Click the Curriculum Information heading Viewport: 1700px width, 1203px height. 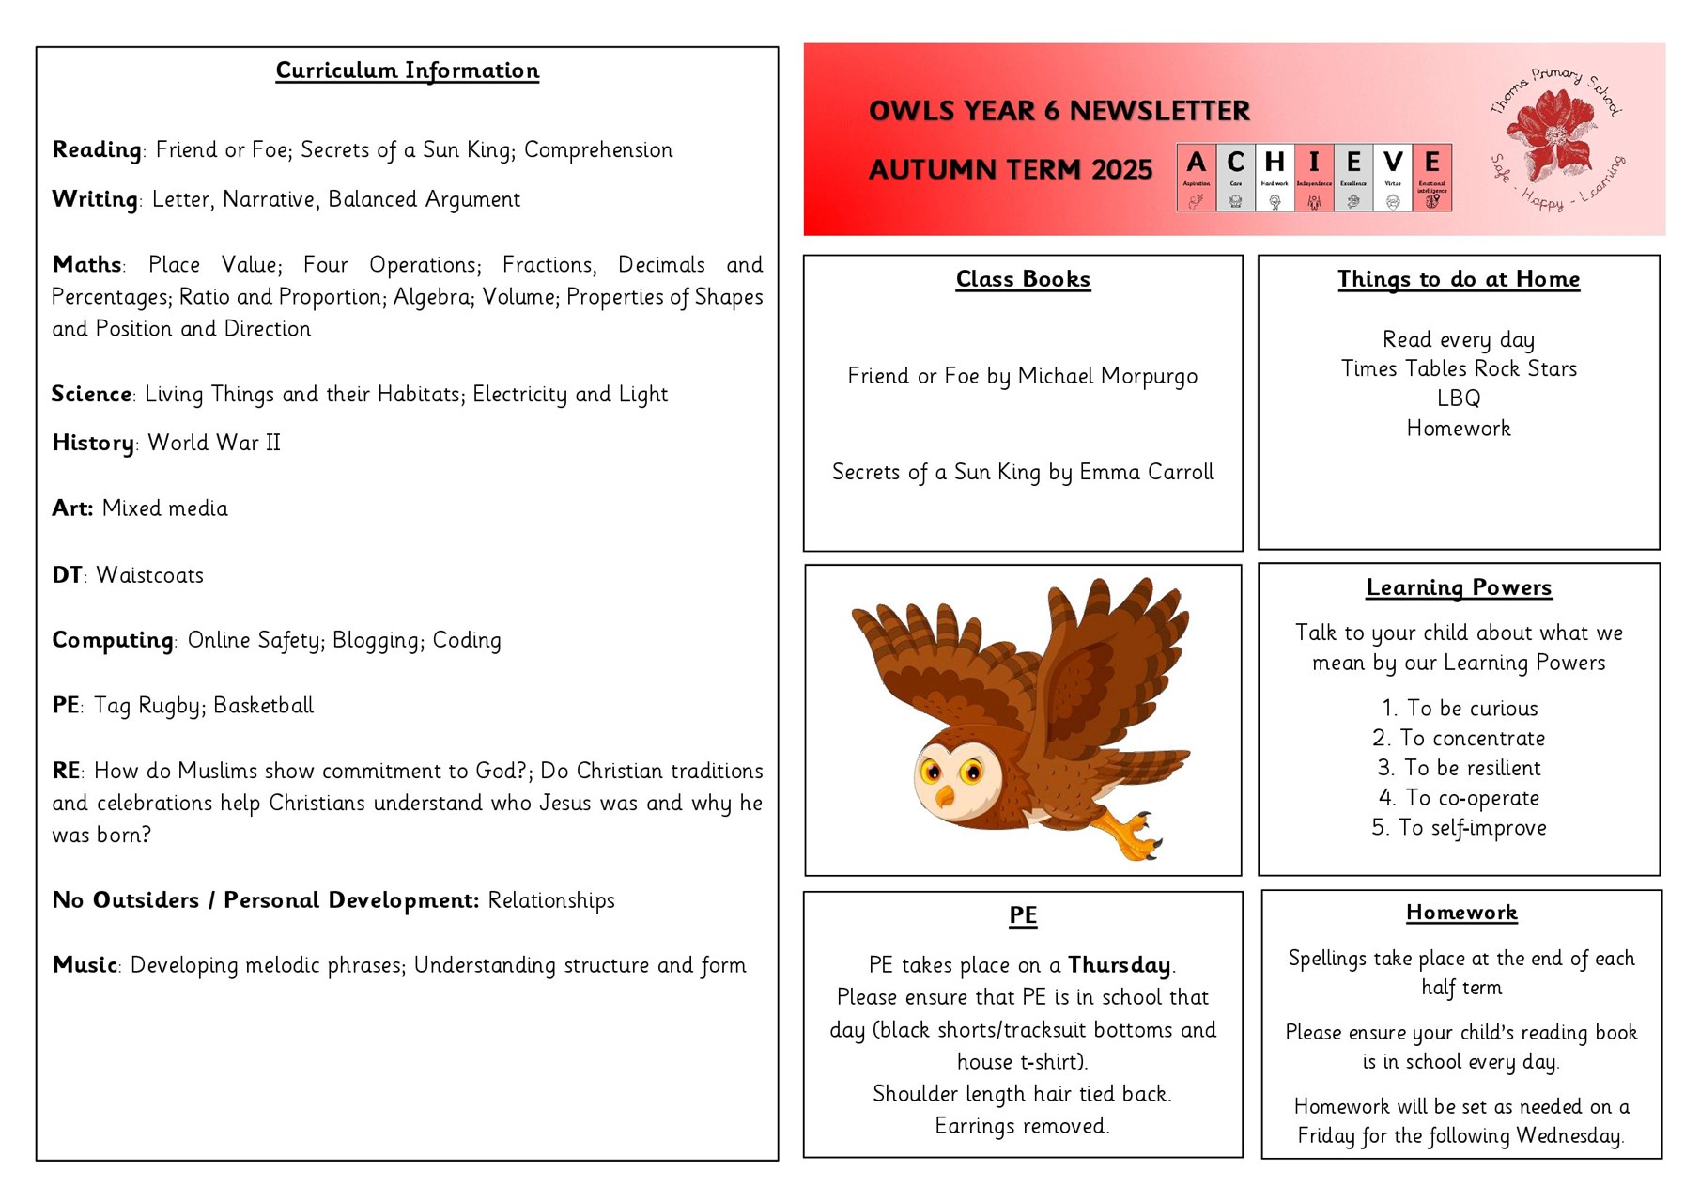point(407,70)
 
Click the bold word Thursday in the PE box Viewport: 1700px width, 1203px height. point(1119,965)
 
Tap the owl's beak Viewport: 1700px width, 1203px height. point(945,796)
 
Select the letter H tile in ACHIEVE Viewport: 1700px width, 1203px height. point(1275,177)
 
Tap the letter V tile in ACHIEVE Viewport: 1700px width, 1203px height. point(1393,177)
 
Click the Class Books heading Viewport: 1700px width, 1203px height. point(1023,279)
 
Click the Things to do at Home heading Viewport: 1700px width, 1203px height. point(1459,279)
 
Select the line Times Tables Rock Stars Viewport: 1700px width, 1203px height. point(1459,368)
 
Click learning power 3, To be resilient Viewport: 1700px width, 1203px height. point(1460,768)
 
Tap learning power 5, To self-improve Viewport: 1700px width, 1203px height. point(1460,828)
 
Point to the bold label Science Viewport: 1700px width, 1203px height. point(91,394)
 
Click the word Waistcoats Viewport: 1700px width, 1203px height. point(149,575)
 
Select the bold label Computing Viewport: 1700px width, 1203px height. point(113,640)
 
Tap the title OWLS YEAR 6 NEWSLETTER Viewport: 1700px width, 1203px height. point(1059,111)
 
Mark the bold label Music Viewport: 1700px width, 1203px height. point(85,965)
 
